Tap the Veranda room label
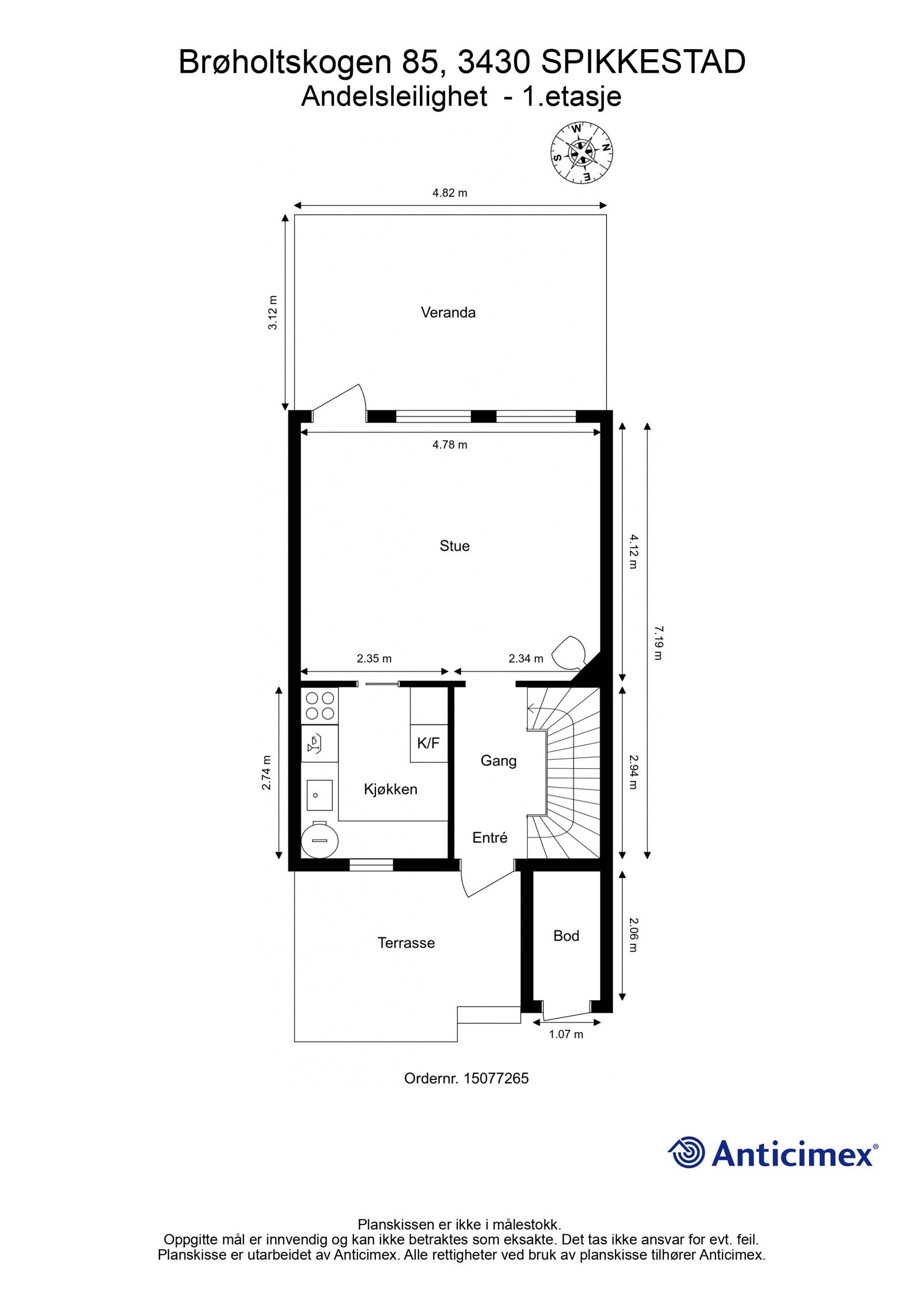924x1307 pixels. pyautogui.click(x=448, y=312)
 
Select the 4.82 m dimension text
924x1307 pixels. pyautogui.click(x=450, y=193)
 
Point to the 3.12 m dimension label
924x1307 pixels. pyautogui.click(x=273, y=312)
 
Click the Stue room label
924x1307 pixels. pyautogui.click(x=454, y=546)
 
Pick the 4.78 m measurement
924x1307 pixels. pyautogui.click(x=450, y=444)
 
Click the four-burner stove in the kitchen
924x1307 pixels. pyautogui.click(x=320, y=705)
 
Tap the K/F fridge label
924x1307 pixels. pyautogui.click(x=429, y=743)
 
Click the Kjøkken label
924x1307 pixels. pyautogui.click(x=390, y=789)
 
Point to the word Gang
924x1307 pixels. pyautogui.click(x=498, y=761)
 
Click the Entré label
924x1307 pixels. pyautogui.click(x=490, y=837)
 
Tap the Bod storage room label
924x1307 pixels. pyautogui.click(x=566, y=936)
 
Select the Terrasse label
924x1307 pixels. pyautogui.click(x=406, y=943)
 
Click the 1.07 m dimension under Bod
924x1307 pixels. pyautogui.click(x=566, y=1034)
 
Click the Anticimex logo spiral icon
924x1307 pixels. pyautogui.click(x=688, y=1152)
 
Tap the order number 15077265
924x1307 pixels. pyautogui.click(x=495, y=1078)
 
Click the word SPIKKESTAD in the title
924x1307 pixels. pyautogui.click(x=643, y=62)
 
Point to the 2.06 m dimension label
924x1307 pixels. pyautogui.click(x=633, y=935)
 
